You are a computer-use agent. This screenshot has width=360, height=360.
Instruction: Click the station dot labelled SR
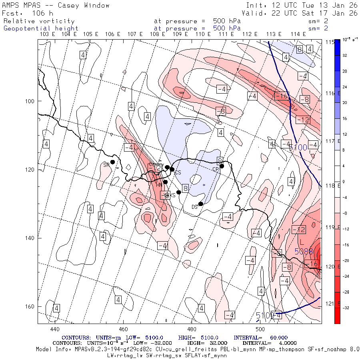(x=113, y=162)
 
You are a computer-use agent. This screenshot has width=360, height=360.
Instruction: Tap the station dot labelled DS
(x=201, y=204)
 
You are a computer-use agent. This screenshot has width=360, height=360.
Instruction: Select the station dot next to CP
(x=222, y=166)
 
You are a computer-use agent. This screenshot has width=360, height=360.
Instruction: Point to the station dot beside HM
(x=165, y=182)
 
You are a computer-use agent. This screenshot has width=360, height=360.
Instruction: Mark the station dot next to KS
(x=179, y=192)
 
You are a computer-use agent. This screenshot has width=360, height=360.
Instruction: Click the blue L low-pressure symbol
(x=302, y=243)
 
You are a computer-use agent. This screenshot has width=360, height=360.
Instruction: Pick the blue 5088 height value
(x=304, y=252)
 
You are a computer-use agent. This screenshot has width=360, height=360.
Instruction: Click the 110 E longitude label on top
(x=203, y=34)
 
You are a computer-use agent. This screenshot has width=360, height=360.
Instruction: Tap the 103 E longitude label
(x=48, y=34)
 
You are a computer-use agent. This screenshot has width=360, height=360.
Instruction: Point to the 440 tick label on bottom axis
(x=54, y=329)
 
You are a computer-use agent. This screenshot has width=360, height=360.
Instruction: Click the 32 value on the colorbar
(x=345, y=56)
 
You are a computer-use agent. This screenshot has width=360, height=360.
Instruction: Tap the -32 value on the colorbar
(x=346, y=308)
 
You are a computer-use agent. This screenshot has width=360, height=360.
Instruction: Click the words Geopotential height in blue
(x=41, y=28)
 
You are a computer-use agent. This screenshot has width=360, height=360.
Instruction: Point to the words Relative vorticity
(x=39, y=21)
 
